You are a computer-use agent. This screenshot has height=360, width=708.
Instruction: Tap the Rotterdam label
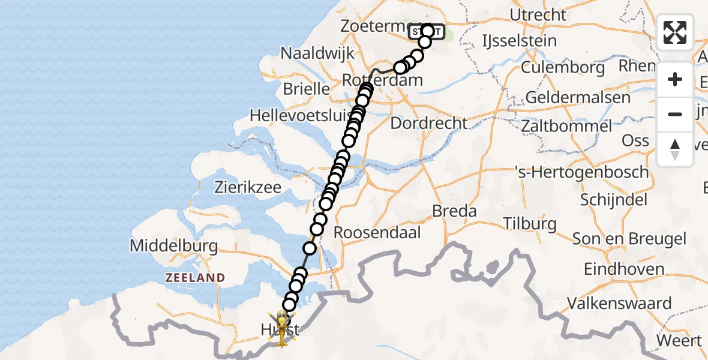click(382, 80)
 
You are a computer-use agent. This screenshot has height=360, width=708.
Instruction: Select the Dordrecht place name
click(428, 124)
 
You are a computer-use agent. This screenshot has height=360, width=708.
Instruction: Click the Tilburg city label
click(529, 224)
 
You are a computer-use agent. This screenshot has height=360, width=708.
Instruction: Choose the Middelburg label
click(173, 246)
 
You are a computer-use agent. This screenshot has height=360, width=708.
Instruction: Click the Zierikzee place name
click(248, 187)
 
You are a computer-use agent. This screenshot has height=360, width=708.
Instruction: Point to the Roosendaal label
click(377, 232)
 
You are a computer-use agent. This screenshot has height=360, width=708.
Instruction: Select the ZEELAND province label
click(196, 278)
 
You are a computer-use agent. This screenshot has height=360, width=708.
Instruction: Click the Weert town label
click(679, 341)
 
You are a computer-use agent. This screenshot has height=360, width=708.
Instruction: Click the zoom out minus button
click(675, 115)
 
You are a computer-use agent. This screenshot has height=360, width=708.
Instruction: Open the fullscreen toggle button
click(675, 32)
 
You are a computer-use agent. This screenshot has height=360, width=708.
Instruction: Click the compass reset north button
click(675, 149)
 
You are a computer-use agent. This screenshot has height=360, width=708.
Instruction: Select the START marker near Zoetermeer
click(427, 32)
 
